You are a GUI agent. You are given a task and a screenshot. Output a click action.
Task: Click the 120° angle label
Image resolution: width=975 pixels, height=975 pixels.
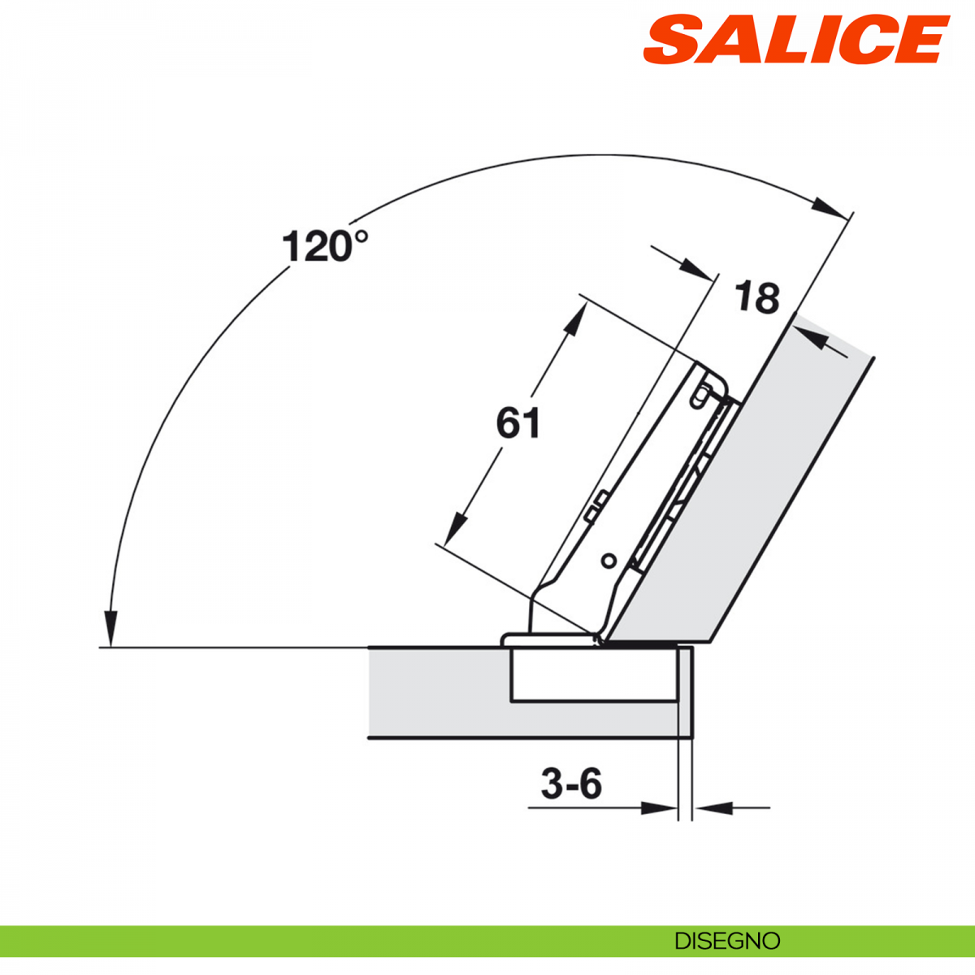coord(325,245)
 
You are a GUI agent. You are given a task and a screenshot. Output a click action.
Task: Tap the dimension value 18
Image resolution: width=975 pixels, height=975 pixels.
coord(757,297)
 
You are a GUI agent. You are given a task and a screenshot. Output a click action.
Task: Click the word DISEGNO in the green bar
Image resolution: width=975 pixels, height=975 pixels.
coord(727,941)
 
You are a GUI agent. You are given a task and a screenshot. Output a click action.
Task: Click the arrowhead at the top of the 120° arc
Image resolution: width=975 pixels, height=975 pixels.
coord(830,208)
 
